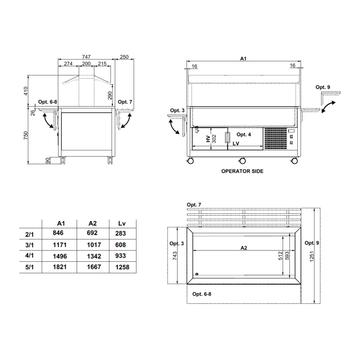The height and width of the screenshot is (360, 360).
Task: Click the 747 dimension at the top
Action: [86, 57]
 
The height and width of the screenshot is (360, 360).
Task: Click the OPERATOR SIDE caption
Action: [242, 171]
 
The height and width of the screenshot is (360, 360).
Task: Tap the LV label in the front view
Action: [236, 143]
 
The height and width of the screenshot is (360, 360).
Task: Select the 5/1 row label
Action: [30, 267]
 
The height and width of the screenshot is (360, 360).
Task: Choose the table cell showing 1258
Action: [121, 267]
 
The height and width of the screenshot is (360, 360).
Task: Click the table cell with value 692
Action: [93, 233]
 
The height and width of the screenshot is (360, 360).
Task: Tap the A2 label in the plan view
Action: [243, 248]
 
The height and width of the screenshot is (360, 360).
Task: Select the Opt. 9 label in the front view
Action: [323, 87]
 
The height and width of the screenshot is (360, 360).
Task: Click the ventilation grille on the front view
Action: [276, 139]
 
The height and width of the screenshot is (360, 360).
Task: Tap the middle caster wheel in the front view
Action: [242, 161]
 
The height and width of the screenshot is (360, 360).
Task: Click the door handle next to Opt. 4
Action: [227, 138]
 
